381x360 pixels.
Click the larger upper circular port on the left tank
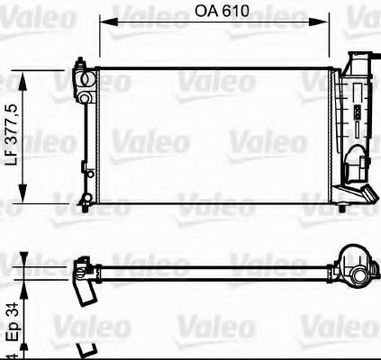click(x=84, y=78)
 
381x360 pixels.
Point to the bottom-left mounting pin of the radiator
click(x=84, y=199)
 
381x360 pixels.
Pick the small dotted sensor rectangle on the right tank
click(x=357, y=112)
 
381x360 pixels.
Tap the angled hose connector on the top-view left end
click(x=84, y=288)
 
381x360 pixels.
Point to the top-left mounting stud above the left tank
click(x=81, y=64)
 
